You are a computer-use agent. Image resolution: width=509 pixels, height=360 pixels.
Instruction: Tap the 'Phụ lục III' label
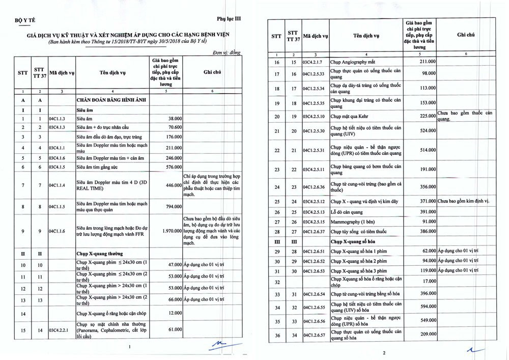[x=229, y=18]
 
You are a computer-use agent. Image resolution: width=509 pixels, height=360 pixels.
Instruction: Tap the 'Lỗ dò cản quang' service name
[x=349, y=211]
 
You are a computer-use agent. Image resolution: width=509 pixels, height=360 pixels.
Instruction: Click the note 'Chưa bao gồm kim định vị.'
[x=463, y=201]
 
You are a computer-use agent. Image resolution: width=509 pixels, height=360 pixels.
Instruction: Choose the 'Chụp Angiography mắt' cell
[x=356, y=62]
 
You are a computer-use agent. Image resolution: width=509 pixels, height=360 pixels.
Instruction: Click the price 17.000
[x=427, y=281]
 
